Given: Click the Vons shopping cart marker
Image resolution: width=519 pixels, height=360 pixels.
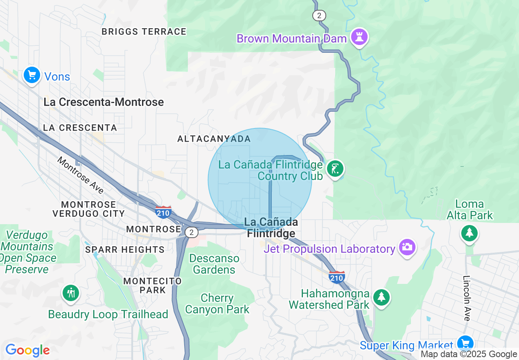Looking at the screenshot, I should pos(32,75).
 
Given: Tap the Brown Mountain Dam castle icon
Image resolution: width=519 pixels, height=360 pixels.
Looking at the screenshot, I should pos(359,37).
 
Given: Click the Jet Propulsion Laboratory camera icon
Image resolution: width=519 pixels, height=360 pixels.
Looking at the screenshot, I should pos(407,247).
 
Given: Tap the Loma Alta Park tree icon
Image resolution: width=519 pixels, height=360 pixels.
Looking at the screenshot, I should pos(469,233).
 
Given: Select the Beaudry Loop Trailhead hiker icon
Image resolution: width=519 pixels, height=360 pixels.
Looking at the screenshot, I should pos(71,292).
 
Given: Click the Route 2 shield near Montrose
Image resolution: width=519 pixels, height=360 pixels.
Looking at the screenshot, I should pos(191,232).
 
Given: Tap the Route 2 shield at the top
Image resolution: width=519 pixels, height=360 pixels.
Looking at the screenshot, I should pos(319,16).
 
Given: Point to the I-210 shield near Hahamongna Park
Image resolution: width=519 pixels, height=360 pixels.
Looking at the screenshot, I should pos(336,277).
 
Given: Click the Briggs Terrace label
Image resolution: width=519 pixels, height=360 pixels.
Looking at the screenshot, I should pos(144,32).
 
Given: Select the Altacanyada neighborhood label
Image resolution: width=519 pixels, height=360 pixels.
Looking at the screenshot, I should pos(214,139).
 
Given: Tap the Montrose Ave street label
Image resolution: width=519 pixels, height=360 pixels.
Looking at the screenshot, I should pos(80,175).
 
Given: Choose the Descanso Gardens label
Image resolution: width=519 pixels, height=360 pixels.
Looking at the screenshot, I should pos(214,264).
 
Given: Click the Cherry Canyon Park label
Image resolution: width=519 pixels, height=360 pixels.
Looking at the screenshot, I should pos(217,304).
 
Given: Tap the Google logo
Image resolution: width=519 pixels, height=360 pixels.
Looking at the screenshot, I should pos(27,350).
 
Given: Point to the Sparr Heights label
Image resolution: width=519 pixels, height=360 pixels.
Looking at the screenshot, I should pos(125,250).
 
